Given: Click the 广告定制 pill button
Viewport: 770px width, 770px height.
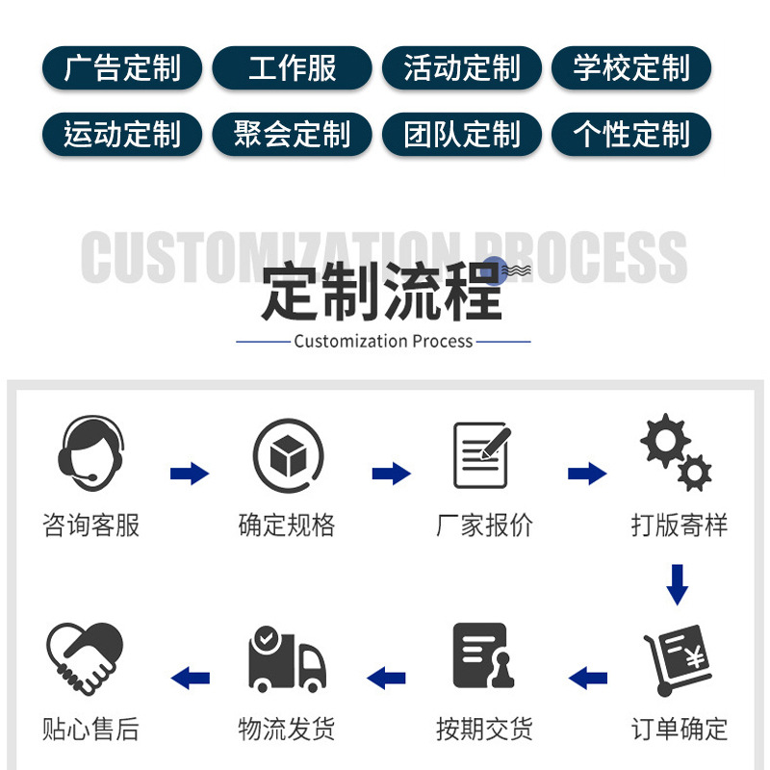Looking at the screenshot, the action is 122,68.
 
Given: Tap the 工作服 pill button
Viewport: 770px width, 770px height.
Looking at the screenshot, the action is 292,68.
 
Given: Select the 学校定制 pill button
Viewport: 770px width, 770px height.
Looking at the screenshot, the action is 631,68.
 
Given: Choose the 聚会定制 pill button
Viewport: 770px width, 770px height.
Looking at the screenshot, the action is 292,134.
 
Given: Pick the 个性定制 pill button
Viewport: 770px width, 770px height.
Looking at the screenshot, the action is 631,134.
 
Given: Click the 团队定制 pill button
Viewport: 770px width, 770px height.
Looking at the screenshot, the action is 462,134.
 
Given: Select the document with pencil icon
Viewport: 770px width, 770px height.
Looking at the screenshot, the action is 481,454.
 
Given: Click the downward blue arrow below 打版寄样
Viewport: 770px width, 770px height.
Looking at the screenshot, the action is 678,584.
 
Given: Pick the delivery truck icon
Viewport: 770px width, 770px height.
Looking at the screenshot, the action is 286,657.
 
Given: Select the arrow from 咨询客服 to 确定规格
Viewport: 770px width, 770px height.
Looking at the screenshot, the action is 190,474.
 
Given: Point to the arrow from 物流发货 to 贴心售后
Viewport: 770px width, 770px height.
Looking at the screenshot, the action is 191,678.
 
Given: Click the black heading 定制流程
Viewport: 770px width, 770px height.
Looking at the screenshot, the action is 382,293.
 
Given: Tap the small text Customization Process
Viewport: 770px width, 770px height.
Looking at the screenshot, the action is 383,341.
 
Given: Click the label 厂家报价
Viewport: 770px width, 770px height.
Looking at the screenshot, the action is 484,526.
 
